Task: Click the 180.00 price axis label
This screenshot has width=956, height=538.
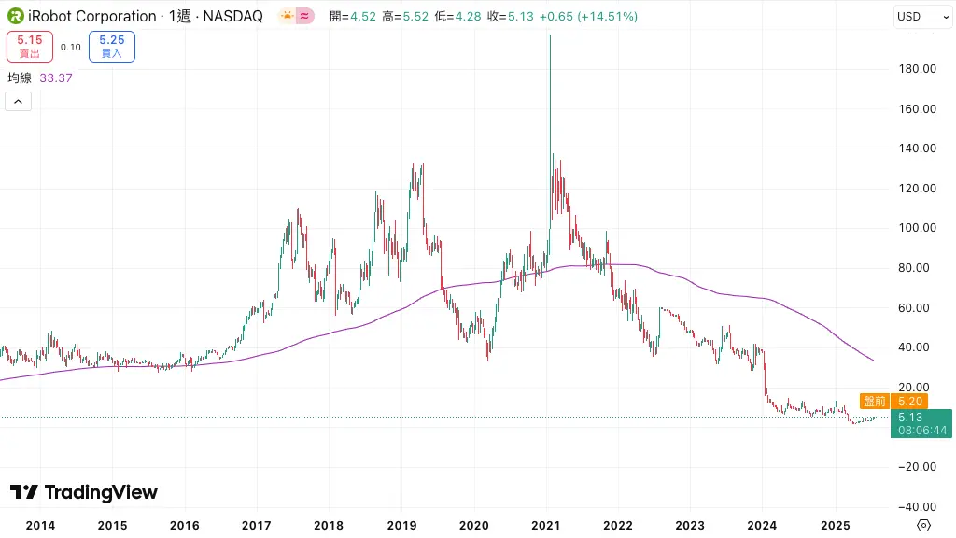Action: (917, 69)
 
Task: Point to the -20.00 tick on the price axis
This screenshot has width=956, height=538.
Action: (915, 467)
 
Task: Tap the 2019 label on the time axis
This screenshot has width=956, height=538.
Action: (401, 525)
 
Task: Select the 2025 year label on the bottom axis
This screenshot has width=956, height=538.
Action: (835, 525)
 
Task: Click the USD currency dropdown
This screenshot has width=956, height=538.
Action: (920, 16)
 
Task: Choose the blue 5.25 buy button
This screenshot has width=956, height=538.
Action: (112, 46)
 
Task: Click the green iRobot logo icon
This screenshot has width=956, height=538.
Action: (16, 16)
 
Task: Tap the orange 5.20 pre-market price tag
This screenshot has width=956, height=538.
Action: (893, 401)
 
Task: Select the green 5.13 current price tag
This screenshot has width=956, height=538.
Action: (921, 423)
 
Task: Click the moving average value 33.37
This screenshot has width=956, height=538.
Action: (56, 78)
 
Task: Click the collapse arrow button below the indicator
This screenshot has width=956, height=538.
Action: (19, 101)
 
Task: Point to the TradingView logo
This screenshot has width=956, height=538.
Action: (84, 492)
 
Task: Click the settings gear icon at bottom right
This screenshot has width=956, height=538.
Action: (924, 525)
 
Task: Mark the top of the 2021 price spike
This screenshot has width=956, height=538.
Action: (550, 35)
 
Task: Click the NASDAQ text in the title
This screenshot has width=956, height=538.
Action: (234, 16)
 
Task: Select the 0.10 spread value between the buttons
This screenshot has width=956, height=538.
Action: (70, 47)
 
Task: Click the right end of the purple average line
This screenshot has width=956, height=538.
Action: (873, 360)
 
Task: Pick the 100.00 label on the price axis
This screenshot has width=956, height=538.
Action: (917, 228)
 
